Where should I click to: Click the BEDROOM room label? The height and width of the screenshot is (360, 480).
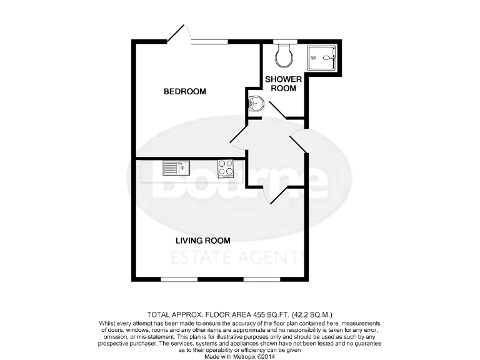click(184, 92)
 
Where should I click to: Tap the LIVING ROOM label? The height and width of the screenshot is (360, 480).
click(202, 241)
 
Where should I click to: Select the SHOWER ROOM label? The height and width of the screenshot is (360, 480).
click(284, 84)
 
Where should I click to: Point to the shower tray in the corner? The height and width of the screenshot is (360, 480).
click(322, 59)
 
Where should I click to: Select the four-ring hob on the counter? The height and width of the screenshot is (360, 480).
click(226, 169)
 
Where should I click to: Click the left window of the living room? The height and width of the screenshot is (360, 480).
click(179, 278)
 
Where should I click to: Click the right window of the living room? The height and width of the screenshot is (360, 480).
click(261, 278)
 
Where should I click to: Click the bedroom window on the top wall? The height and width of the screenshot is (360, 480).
click(209, 42)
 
